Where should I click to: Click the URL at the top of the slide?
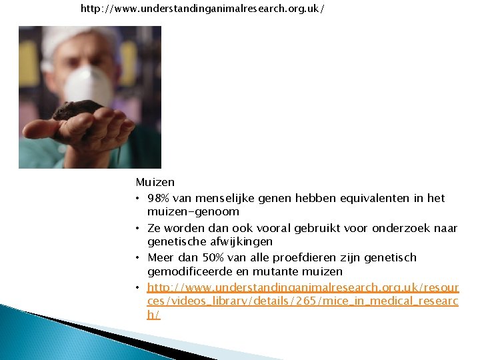(x=203, y=10)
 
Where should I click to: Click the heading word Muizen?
(x=155, y=182)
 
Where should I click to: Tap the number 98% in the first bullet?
(x=159, y=199)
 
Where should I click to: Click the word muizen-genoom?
(x=193, y=211)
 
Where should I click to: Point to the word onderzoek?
(x=398, y=228)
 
